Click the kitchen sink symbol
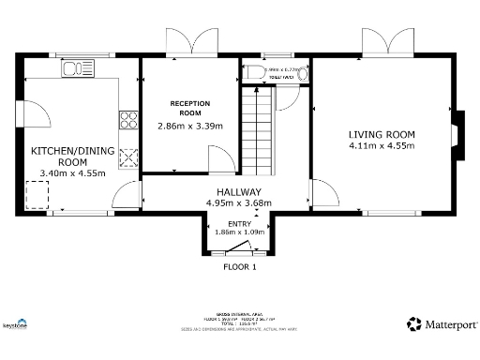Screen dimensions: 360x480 pyautogui.click(x=74, y=68)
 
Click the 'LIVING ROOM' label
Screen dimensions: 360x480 pyautogui.click(x=382, y=134)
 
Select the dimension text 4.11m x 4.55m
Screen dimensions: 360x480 pyautogui.click(x=382, y=146)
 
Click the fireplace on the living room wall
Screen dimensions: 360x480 pyautogui.click(x=457, y=131)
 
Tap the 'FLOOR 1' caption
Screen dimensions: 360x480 pyautogui.click(x=239, y=266)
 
